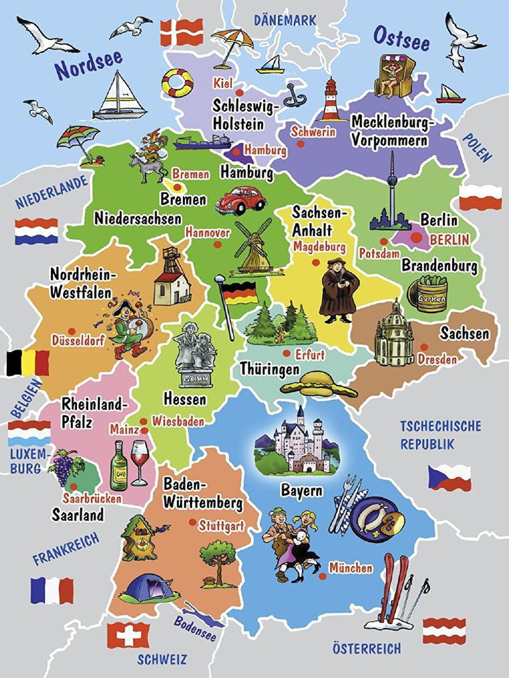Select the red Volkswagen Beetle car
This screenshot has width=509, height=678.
pyautogui.click(x=240, y=200)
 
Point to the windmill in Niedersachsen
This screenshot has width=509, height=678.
pyautogui.click(x=254, y=246)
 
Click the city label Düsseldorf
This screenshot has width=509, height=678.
pyautogui.click(x=78, y=340)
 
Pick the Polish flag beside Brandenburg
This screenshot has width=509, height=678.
pyautogui.click(x=481, y=197)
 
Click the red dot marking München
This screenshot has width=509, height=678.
pyautogui.click(x=322, y=576)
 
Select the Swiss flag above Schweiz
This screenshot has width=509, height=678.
pyautogui.click(x=128, y=635)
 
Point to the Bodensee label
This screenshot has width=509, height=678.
pyautogui.click(x=195, y=629)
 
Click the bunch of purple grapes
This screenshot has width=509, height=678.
pyautogui.click(x=64, y=467)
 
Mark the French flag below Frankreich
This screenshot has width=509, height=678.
pyautogui.click(x=52, y=590)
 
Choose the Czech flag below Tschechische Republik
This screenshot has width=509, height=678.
pyautogui.click(x=449, y=477)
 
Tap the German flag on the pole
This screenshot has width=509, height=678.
pyautogui.click(x=240, y=292)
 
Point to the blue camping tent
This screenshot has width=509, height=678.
pyautogui.click(x=149, y=587)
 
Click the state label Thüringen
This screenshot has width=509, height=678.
pyautogui.click(x=270, y=369)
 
